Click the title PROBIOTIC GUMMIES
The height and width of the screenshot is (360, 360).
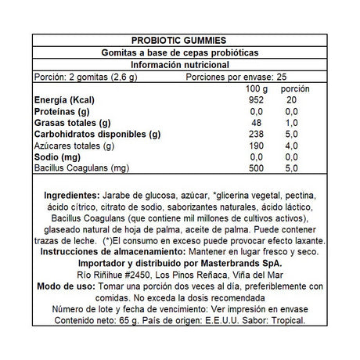(x=180, y=40)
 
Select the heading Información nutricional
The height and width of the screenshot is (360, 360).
(x=180, y=65)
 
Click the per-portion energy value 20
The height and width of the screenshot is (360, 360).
(x=291, y=101)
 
